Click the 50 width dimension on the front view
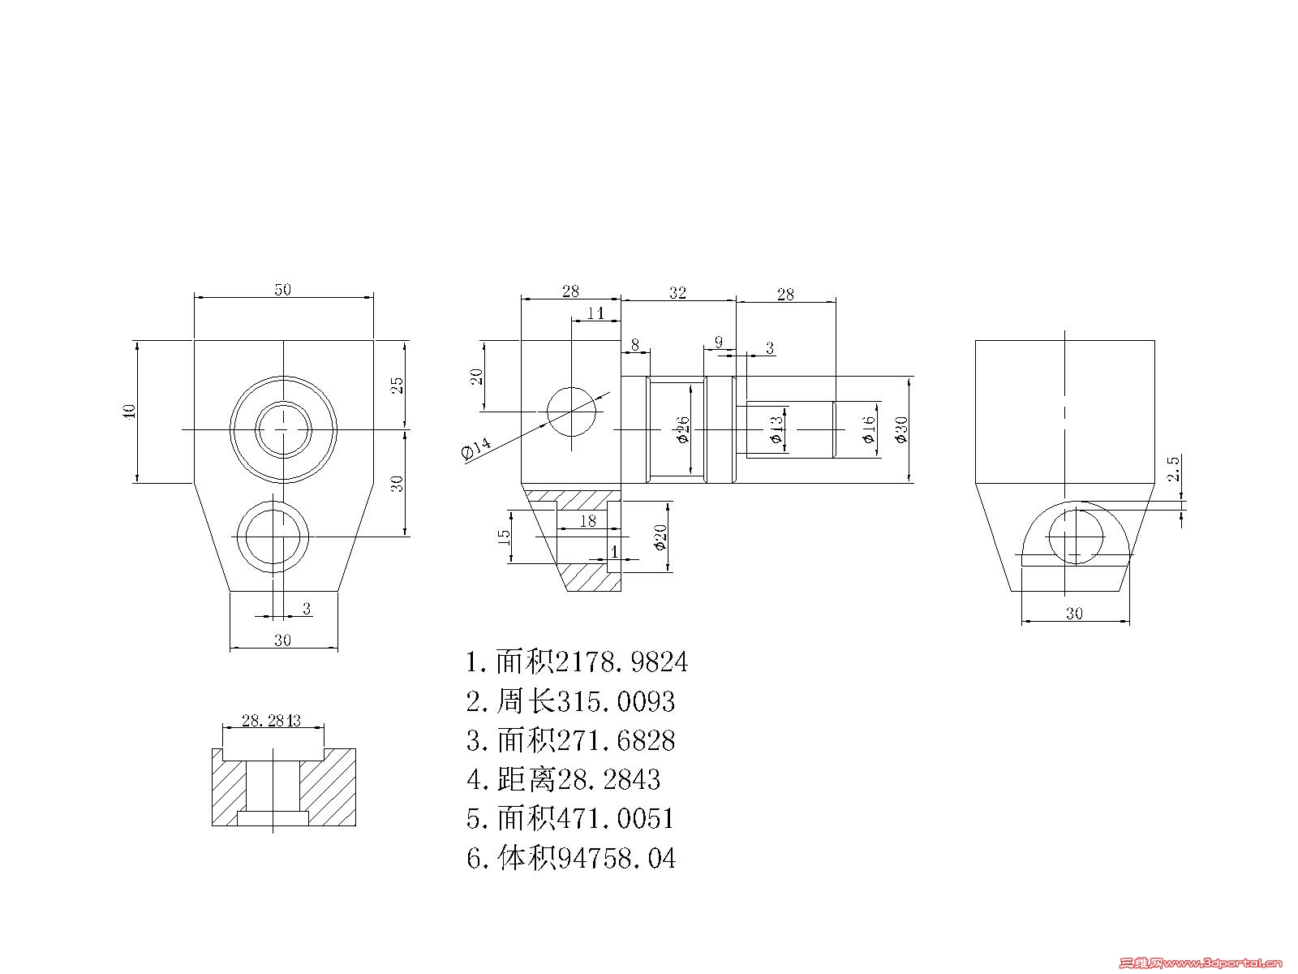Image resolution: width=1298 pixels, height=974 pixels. coord(282,290)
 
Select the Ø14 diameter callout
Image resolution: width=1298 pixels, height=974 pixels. coord(475,448)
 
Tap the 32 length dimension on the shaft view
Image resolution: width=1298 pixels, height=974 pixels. coord(677,292)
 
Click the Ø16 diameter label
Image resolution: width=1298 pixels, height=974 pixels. coord(868,429)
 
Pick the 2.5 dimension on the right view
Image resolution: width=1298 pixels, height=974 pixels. coord(1173,470)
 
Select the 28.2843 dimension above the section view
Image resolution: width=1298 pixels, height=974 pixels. coord(272,720)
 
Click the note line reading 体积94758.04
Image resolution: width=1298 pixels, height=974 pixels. coord(571,858)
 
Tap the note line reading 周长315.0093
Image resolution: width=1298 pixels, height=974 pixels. coord(571,701)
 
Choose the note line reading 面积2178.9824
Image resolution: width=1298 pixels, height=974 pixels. coord(577,662)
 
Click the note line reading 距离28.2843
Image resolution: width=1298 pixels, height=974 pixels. coord(564,780)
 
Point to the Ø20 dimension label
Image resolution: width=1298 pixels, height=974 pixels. coord(661,537)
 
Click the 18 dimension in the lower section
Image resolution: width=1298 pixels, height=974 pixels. coord(587,521)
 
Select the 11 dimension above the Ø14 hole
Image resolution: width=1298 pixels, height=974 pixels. coord(595,312)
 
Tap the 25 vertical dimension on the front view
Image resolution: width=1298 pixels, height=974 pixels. coord(398,385)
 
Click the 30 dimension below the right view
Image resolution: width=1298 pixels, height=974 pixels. coord(1073,614)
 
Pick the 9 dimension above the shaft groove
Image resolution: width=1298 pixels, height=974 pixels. coord(718,343)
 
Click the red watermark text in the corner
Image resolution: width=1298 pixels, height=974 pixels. coord(1200,963)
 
